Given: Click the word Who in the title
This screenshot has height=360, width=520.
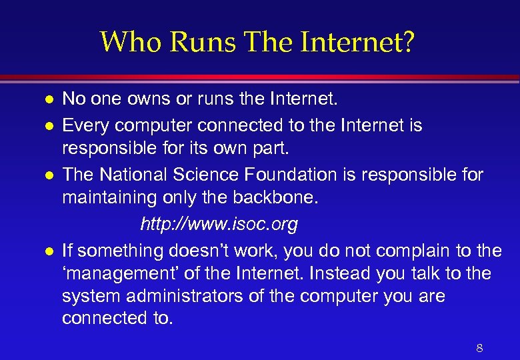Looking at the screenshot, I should tap(131, 42).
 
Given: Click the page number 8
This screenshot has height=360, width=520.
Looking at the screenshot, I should tap(479, 347).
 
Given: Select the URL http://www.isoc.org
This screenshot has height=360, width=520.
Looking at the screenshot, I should tap(219, 225).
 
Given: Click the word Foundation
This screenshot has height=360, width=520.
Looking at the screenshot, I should tap(312, 175).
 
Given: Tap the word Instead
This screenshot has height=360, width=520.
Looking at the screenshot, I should tap(342, 273).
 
